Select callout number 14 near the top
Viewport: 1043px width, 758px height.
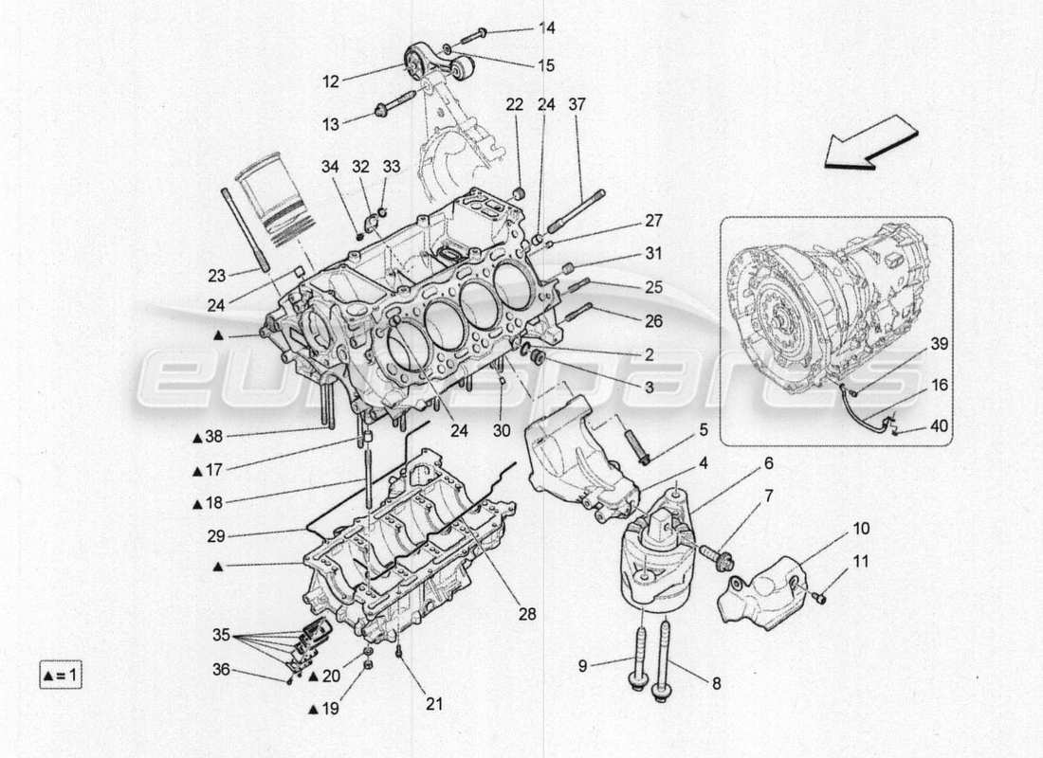tap(547, 28)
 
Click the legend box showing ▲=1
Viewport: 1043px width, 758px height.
tap(62, 676)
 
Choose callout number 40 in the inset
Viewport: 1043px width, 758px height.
tap(938, 426)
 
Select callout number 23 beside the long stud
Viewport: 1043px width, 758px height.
tap(217, 277)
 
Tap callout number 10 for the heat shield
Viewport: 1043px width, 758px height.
tap(860, 528)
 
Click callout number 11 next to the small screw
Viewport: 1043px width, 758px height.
tap(859, 562)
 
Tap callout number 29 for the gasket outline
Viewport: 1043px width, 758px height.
tap(217, 535)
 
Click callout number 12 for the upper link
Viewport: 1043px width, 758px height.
tap(330, 82)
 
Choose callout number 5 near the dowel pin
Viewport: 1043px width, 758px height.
tap(703, 429)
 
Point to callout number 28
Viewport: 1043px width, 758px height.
tap(526, 614)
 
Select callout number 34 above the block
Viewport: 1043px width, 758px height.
tap(329, 168)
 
